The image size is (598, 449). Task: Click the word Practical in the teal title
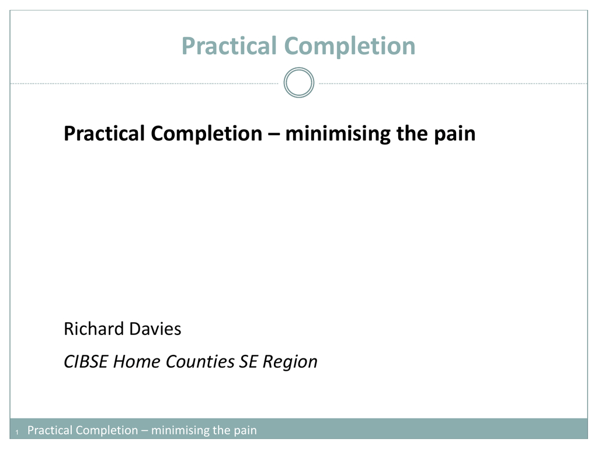pyautogui.click(x=229, y=46)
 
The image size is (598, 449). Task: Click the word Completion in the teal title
pyautogui.click(x=350, y=47)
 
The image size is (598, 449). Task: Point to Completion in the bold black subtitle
pyautogui.click(x=207, y=134)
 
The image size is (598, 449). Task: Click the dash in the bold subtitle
pyautogui.click(x=274, y=134)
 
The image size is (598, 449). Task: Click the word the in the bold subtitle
pyautogui.click(x=412, y=133)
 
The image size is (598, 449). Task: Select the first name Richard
pyautogui.click(x=94, y=329)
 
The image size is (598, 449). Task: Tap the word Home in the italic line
pyautogui.click(x=136, y=361)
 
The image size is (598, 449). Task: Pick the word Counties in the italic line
pyautogui.click(x=200, y=361)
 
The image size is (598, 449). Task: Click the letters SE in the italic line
pyautogui.click(x=248, y=361)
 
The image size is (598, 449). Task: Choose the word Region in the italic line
pyautogui.click(x=290, y=362)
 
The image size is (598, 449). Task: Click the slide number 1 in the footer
pyautogui.click(x=17, y=432)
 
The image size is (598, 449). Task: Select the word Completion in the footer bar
pyautogui.click(x=107, y=430)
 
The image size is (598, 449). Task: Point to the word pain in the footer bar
pyautogui.click(x=245, y=431)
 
